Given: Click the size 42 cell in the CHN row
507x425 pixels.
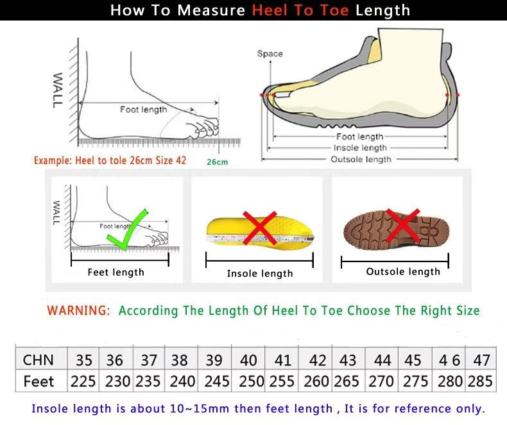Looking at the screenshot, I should point(317,360).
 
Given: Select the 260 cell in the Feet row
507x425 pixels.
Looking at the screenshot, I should point(316,381).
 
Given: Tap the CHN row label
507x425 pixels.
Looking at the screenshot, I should point(39,360).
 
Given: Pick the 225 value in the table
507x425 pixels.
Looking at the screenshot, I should point(83,381).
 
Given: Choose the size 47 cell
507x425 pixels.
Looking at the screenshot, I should point(481,360).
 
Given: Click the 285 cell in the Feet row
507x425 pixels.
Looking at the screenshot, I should point(480,381).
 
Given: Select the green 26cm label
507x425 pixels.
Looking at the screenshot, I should point(217,162).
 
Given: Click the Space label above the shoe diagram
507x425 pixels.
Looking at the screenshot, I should point(270,54).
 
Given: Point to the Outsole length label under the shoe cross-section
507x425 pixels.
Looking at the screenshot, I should point(360,159).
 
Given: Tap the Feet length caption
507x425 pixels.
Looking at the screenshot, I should point(116,272).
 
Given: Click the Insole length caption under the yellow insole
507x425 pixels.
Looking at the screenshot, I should point(260,274).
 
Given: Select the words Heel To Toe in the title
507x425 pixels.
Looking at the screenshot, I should point(300,10).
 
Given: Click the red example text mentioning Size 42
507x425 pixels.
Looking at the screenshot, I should point(110,160).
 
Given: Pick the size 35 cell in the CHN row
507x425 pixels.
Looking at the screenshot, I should point(83,360).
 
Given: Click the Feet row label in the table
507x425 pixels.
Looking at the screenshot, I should point(39,381).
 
